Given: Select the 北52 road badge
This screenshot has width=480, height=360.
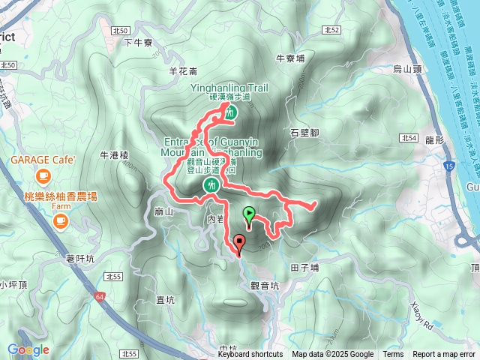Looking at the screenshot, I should (x=334, y=31).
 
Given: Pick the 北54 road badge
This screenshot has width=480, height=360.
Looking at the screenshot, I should (x=409, y=137).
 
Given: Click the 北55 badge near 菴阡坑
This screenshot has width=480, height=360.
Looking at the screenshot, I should (x=114, y=277).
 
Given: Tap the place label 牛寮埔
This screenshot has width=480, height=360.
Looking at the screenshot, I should (x=290, y=57).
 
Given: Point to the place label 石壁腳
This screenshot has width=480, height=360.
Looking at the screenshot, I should (x=304, y=133).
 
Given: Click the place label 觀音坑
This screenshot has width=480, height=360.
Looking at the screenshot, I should (x=264, y=285).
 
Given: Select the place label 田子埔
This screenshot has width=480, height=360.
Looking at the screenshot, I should (x=304, y=266).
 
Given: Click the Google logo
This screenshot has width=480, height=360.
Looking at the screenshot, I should (x=28, y=349).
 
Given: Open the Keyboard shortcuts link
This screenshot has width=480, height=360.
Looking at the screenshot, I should (x=250, y=355).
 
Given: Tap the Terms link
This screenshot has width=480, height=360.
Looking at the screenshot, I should (x=393, y=355).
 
